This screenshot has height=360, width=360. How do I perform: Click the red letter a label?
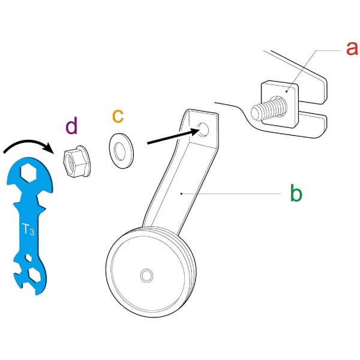[x=351, y=48]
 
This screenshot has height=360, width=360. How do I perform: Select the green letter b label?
[x=295, y=194]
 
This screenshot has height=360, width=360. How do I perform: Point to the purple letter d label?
[x=72, y=127]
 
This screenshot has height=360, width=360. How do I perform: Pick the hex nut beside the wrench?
[x=76, y=162]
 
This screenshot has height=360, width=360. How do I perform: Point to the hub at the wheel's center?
[x=146, y=275]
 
